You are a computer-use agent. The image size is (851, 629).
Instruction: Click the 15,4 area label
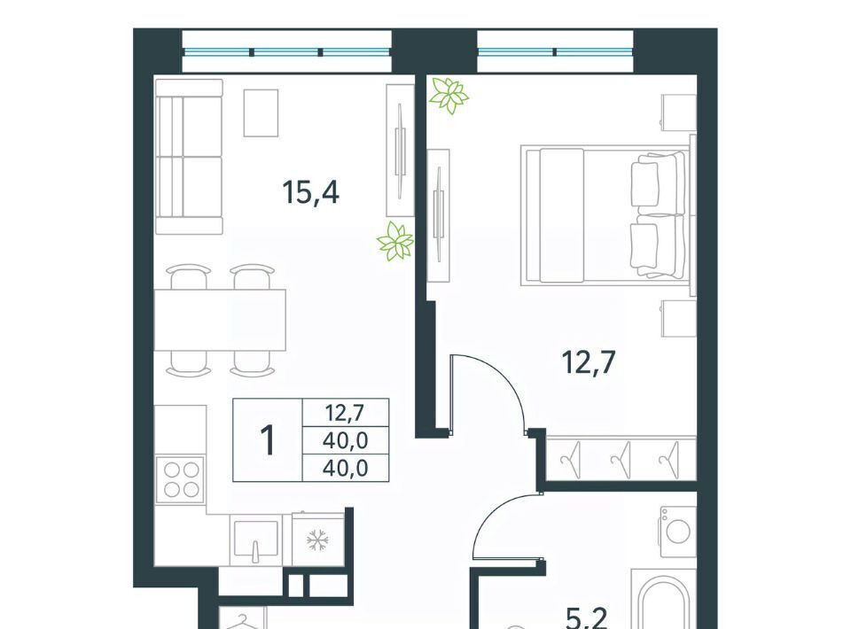pyautogui.click(x=311, y=192)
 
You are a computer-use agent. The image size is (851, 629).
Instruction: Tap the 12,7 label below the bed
pyautogui.click(x=589, y=362)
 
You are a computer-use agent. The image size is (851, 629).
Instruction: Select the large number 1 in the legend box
pyautogui.click(x=268, y=440)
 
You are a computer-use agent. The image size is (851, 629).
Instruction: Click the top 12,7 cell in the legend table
pyautogui.click(x=346, y=413)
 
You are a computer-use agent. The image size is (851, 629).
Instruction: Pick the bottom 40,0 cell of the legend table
pyautogui.click(x=346, y=468)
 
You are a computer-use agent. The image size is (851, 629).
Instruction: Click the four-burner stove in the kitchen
pyautogui.click(x=181, y=480)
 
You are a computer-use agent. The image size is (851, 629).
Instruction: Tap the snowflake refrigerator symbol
pyautogui.click(x=317, y=540)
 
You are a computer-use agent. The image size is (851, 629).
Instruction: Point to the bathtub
pyautogui.click(x=663, y=599)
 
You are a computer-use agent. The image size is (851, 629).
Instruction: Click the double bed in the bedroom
pyautogui.click(x=605, y=215)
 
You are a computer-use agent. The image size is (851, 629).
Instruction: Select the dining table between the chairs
pyautogui.click(x=221, y=320)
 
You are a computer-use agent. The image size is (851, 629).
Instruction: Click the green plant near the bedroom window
pyautogui.click(x=449, y=95)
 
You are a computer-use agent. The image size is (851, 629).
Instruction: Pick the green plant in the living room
pyautogui.click(x=395, y=242)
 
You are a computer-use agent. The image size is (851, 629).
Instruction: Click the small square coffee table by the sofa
pyautogui.click(x=261, y=113)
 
